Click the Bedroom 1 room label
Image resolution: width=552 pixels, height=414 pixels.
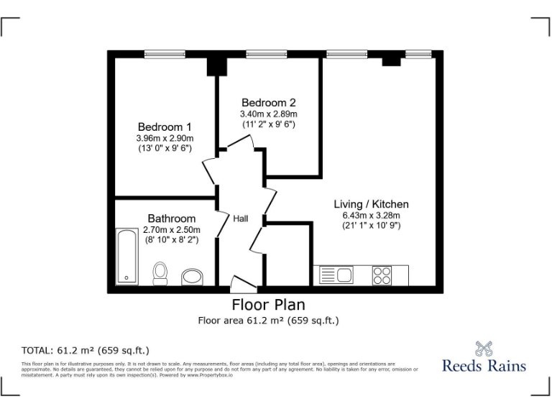pos(165,126)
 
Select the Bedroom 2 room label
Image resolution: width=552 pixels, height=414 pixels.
pos(268,102)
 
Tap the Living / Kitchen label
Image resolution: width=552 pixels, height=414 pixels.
pos(371,204)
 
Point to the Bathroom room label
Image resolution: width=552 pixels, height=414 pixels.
pos(171,218)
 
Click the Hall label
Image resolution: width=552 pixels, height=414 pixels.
pos(240,218)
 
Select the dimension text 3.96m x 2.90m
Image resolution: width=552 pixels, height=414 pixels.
pos(165,137)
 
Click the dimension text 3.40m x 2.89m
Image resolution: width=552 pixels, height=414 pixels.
pos(268,114)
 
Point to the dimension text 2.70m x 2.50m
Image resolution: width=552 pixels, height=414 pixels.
pos(171,229)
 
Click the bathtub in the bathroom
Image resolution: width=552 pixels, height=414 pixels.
pos(127,257)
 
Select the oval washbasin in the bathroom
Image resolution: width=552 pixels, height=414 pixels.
pos(192,277)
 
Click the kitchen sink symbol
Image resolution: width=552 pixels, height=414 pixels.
pos(334,275)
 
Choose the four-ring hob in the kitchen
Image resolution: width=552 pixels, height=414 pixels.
pos(382,275)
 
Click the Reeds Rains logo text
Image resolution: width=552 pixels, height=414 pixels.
pos(484,366)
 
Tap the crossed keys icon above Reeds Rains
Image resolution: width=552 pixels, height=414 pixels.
pos(484,348)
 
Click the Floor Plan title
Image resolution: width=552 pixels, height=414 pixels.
pos(268,305)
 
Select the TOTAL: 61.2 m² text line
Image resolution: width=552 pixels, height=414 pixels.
pos(86,351)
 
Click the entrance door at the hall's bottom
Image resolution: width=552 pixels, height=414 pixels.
pos(239,284)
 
